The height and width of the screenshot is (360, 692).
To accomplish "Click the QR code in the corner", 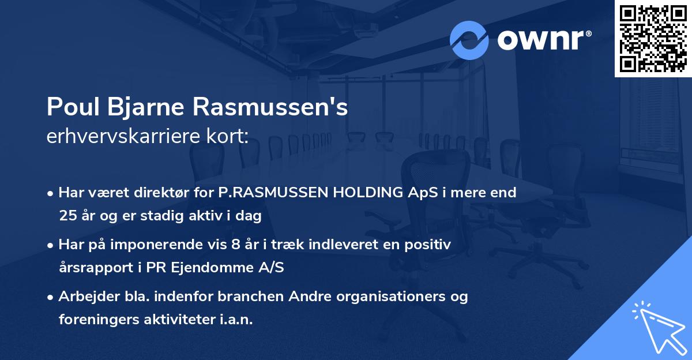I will point(653,38).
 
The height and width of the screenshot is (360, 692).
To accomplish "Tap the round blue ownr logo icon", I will point(469,40).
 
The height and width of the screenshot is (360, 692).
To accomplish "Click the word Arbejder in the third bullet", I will point(84,297).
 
